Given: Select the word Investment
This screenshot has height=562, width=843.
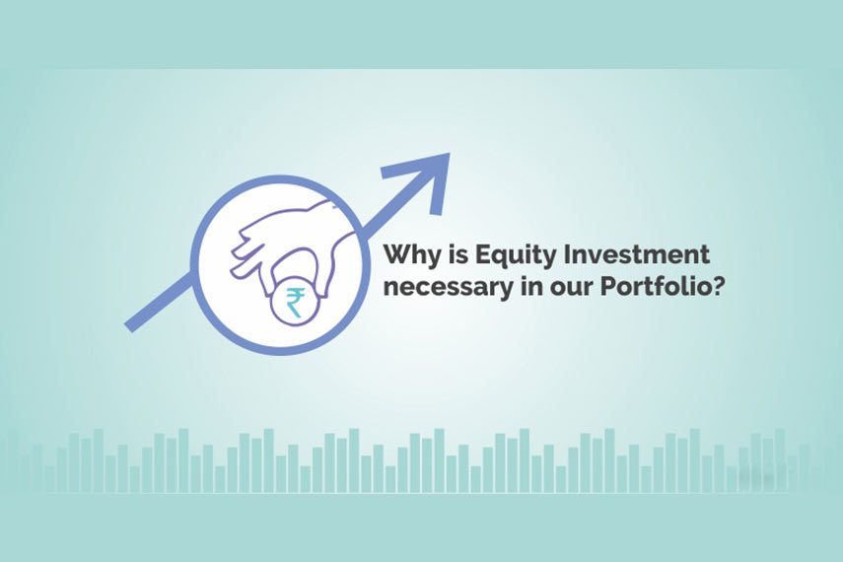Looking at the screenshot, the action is [x=636, y=254].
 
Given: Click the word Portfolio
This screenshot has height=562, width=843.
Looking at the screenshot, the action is [x=654, y=286].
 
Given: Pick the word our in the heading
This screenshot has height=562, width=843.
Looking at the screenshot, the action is [x=569, y=289].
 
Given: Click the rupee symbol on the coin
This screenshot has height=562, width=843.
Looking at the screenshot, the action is [x=296, y=303].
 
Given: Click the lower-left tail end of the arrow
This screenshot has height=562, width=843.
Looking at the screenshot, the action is [x=129, y=326].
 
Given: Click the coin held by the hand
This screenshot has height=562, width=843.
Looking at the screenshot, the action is [x=296, y=302].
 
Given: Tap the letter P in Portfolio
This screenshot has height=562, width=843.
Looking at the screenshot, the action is [x=609, y=286].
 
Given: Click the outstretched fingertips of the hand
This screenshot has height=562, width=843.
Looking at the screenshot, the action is [x=241, y=252].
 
